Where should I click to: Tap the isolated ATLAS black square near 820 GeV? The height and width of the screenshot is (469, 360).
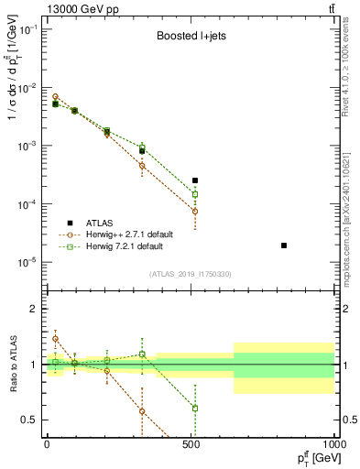(284, 245)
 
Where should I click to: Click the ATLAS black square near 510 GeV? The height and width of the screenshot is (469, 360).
(195, 180)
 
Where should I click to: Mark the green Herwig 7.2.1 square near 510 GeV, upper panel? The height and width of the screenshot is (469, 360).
(195, 194)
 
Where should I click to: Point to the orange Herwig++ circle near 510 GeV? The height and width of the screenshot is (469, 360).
(195, 211)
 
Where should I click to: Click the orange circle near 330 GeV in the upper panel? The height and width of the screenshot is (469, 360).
(142, 166)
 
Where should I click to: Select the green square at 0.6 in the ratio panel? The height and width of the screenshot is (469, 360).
(195, 408)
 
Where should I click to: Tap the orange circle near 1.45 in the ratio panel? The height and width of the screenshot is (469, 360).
(55, 339)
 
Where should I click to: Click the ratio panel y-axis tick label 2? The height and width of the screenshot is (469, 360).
(34, 309)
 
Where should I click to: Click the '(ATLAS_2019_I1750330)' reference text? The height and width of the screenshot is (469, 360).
(190, 274)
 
